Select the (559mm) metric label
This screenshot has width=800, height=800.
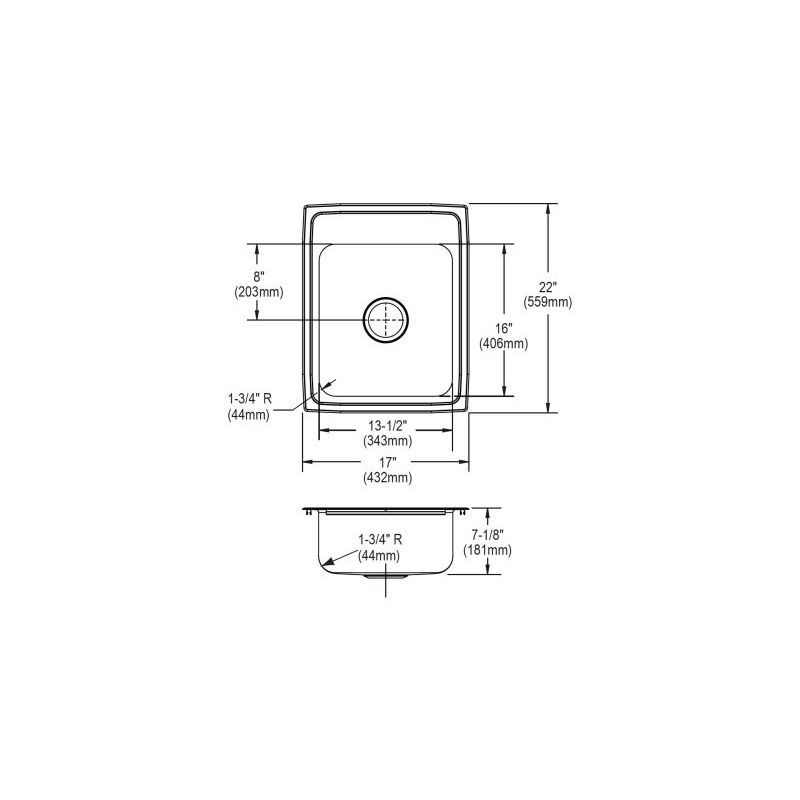pos(547,302)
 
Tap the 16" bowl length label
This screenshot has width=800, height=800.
pos(503,330)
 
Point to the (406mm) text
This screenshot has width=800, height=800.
pos(503,344)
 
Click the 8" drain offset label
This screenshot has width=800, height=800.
pos(259,278)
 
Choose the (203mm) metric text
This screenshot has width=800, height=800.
pos(259,292)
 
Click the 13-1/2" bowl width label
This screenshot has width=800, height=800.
pos(388,426)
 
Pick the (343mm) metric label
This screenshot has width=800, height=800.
pos(388,440)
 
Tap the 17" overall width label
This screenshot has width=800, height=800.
pos(388,463)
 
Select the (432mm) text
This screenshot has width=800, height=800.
pos(388,478)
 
